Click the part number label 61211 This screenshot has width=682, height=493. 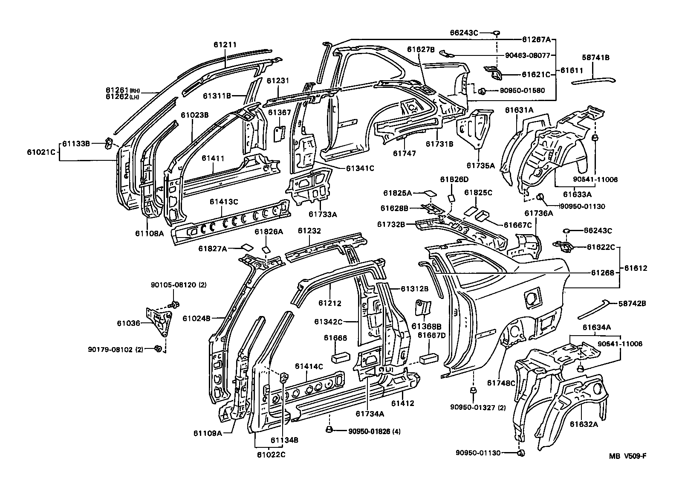coord(226,44)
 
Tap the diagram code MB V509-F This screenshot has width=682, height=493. coord(627,456)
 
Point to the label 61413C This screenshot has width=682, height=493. coord(223,202)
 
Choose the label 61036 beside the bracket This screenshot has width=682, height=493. coord(128,323)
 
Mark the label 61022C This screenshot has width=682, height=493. coord(271,455)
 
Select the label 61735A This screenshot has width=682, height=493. coord(480,165)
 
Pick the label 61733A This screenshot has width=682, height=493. coord(323,215)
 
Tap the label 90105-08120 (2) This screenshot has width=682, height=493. coord(179,285)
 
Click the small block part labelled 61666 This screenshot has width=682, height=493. coord(341,357)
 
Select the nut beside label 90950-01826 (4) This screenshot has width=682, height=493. coord(329,430)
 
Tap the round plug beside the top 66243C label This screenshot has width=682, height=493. coord(497,32)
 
